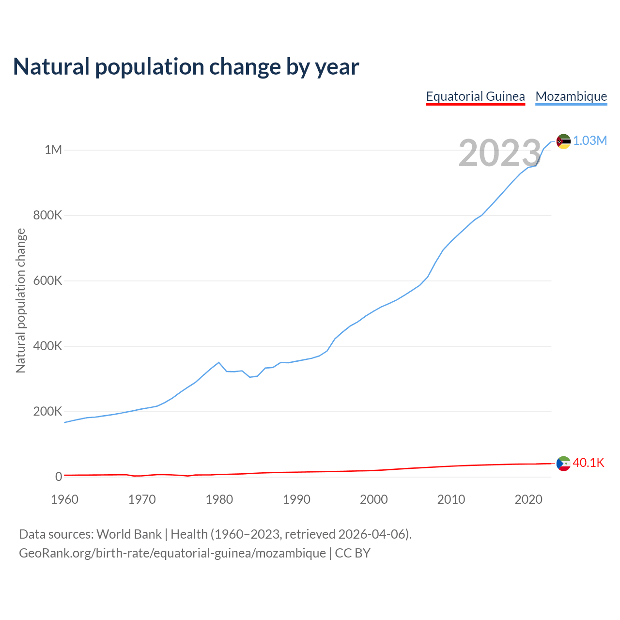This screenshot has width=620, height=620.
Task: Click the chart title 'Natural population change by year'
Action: coord(186,67)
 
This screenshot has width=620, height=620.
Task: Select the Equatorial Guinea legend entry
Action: coord(475,96)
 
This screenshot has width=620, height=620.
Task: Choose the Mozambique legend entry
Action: coord(571,96)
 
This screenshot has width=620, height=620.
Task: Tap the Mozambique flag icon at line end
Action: coord(563,141)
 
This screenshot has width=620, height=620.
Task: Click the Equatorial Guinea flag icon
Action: coord(563,464)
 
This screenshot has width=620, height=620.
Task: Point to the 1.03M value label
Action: coord(590,141)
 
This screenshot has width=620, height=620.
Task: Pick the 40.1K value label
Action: coord(589,463)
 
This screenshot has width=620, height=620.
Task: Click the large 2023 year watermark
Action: coord(499,153)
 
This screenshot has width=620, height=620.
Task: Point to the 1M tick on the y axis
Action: coord(53,150)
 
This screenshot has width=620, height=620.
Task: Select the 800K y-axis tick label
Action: coord(47,215)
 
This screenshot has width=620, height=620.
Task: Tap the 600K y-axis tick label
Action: coord(47,281)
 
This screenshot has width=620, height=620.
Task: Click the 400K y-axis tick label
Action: coord(47,346)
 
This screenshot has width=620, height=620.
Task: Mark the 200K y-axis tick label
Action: coord(47,412)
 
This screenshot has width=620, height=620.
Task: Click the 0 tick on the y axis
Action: coord(59,477)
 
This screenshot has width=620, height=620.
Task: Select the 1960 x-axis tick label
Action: coord(64,499)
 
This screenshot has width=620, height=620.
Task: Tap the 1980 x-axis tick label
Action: coord(219,499)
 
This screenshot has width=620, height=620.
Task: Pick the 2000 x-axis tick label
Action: coord(373,499)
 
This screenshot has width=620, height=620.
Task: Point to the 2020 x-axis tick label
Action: coord(528,499)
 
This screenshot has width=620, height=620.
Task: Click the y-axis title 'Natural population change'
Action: coord(20,301)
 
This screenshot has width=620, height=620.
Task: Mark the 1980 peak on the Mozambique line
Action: coord(219,362)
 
